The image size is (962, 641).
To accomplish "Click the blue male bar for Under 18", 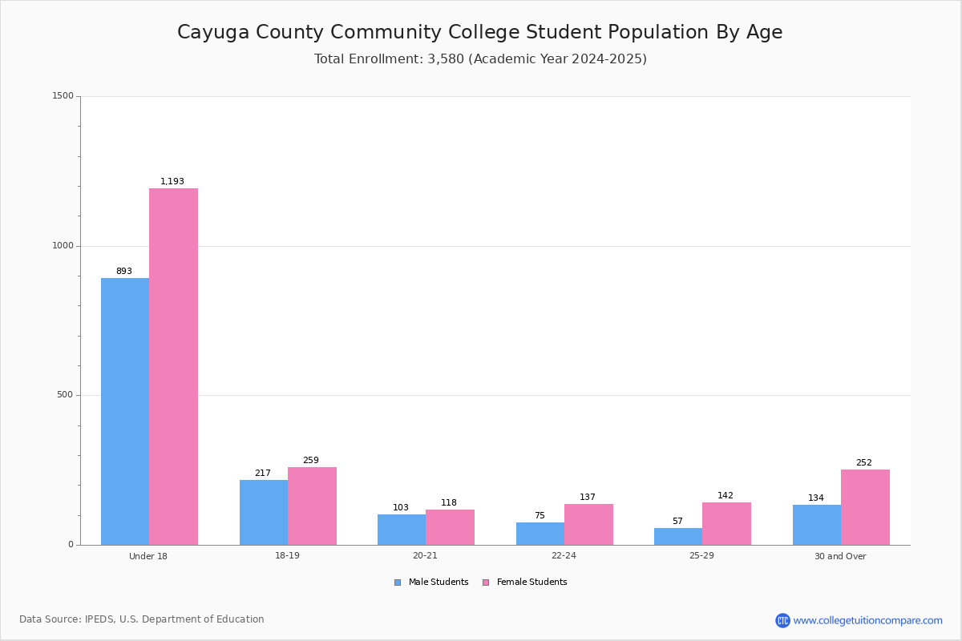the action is pyautogui.click(x=125, y=411).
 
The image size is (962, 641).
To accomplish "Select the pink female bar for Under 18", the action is pyautogui.click(x=173, y=367).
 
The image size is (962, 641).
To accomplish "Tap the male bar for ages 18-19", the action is pyautogui.click(x=264, y=513).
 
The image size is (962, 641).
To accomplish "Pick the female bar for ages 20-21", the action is pyautogui.click(x=450, y=527).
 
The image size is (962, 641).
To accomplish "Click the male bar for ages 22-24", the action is pyautogui.click(x=540, y=534).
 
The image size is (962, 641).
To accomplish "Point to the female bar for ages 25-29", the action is pyautogui.click(x=726, y=524).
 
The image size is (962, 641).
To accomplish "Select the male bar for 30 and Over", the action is pyautogui.click(x=817, y=525).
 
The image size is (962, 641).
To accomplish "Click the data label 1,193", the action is pyautogui.click(x=172, y=181).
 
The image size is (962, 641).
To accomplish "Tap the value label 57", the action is pyautogui.click(x=677, y=521).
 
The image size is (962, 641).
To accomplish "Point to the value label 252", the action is pyautogui.click(x=864, y=462).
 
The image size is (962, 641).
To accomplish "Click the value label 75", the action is pyautogui.click(x=540, y=515).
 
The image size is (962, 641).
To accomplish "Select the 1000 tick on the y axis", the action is pyautogui.click(x=63, y=245).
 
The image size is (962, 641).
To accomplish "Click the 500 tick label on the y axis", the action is pyautogui.click(x=65, y=394).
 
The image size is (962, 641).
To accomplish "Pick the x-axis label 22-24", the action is pyautogui.click(x=564, y=555).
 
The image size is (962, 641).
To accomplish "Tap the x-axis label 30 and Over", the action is pyautogui.click(x=840, y=556).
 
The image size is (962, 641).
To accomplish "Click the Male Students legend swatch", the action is pyautogui.click(x=398, y=583).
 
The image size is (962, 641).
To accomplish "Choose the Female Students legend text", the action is pyautogui.click(x=532, y=582).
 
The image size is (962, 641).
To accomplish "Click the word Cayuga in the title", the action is pyautogui.click(x=213, y=33).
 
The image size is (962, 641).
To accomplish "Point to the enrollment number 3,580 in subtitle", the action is pyautogui.click(x=446, y=58).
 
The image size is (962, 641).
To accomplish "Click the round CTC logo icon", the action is pyautogui.click(x=782, y=620).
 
